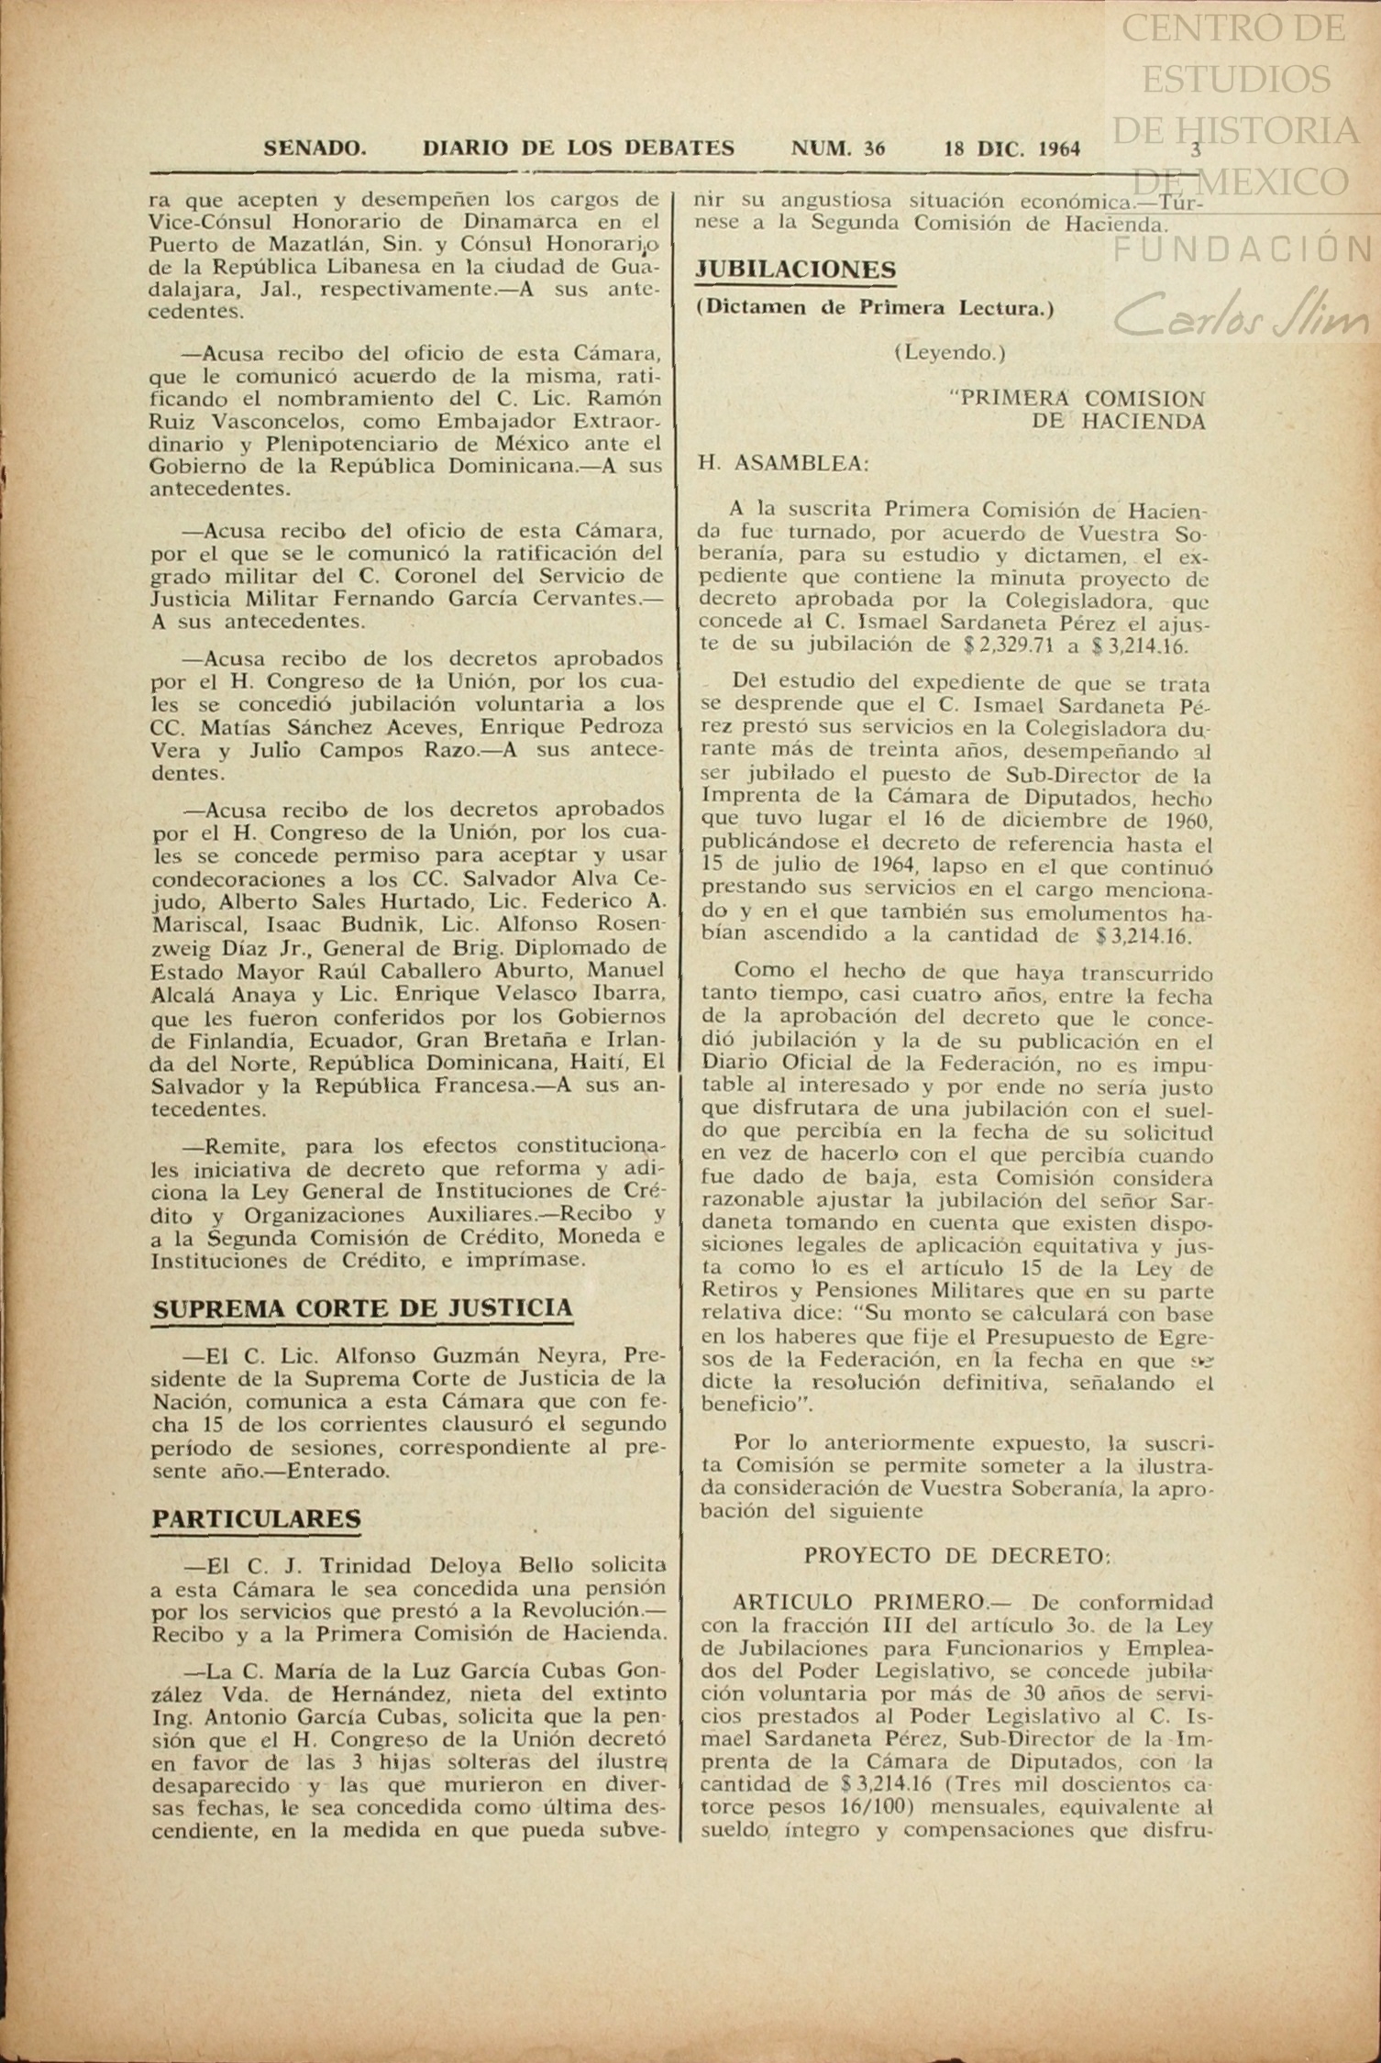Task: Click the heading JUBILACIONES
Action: coord(795,270)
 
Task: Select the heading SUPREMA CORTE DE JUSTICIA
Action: coord(362,1308)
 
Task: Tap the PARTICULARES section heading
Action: coord(256,1519)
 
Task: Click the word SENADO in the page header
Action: coord(315,149)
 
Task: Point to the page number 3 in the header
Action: coord(1195,149)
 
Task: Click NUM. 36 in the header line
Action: coord(837,149)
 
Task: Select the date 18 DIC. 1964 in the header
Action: coord(1011,149)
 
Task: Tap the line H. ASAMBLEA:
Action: coord(784,464)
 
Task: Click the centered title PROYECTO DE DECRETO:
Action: coord(957,1557)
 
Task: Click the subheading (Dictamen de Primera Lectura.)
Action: coord(875,309)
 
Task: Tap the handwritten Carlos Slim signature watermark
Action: coord(1242,316)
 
